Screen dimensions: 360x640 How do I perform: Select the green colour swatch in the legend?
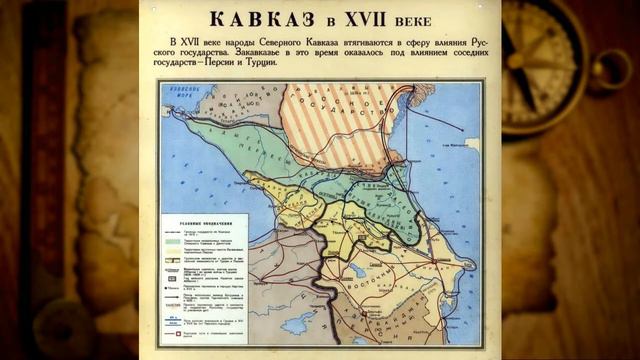(x=171, y=244)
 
